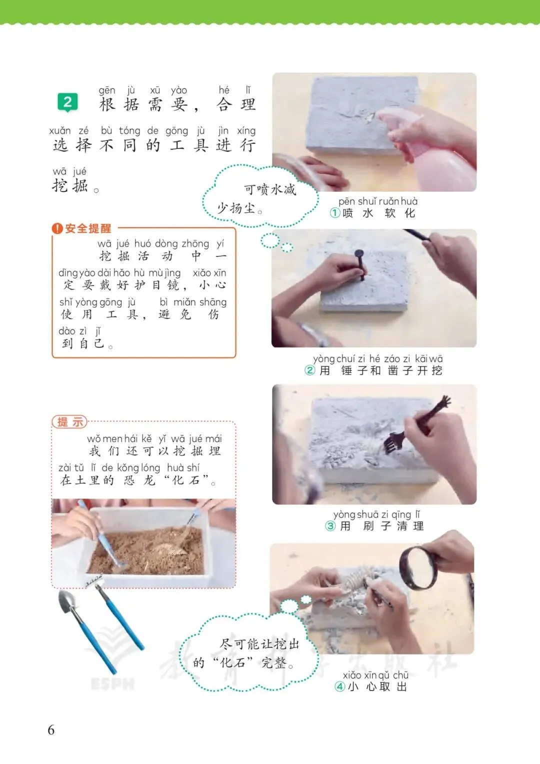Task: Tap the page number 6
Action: pyautogui.click(x=51, y=730)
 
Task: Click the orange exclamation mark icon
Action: pyautogui.click(x=57, y=228)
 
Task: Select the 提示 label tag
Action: pyautogui.click(x=69, y=422)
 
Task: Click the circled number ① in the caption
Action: pyautogui.click(x=335, y=213)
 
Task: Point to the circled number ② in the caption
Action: pyautogui.click(x=309, y=370)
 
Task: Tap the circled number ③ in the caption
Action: pyautogui.click(x=330, y=526)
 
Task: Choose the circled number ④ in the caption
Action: pyautogui.click(x=340, y=686)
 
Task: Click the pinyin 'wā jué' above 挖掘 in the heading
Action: pyautogui.click(x=69, y=171)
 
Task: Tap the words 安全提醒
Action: pyautogui.click(x=88, y=228)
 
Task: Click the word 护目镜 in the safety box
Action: pyautogui.click(x=156, y=285)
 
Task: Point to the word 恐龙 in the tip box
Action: pyautogui.click(x=139, y=480)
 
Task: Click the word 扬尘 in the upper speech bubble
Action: pyautogui.click(x=242, y=207)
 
